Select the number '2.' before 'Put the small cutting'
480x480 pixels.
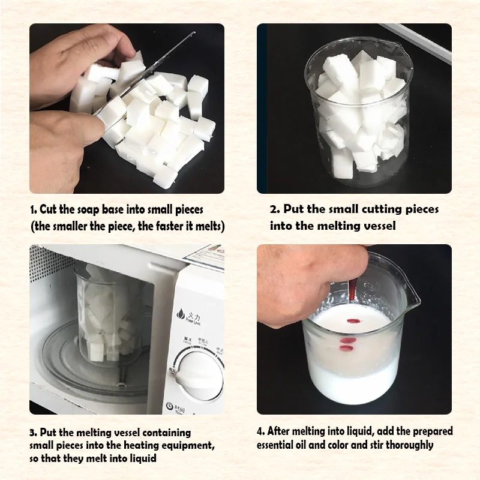[275, 209]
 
